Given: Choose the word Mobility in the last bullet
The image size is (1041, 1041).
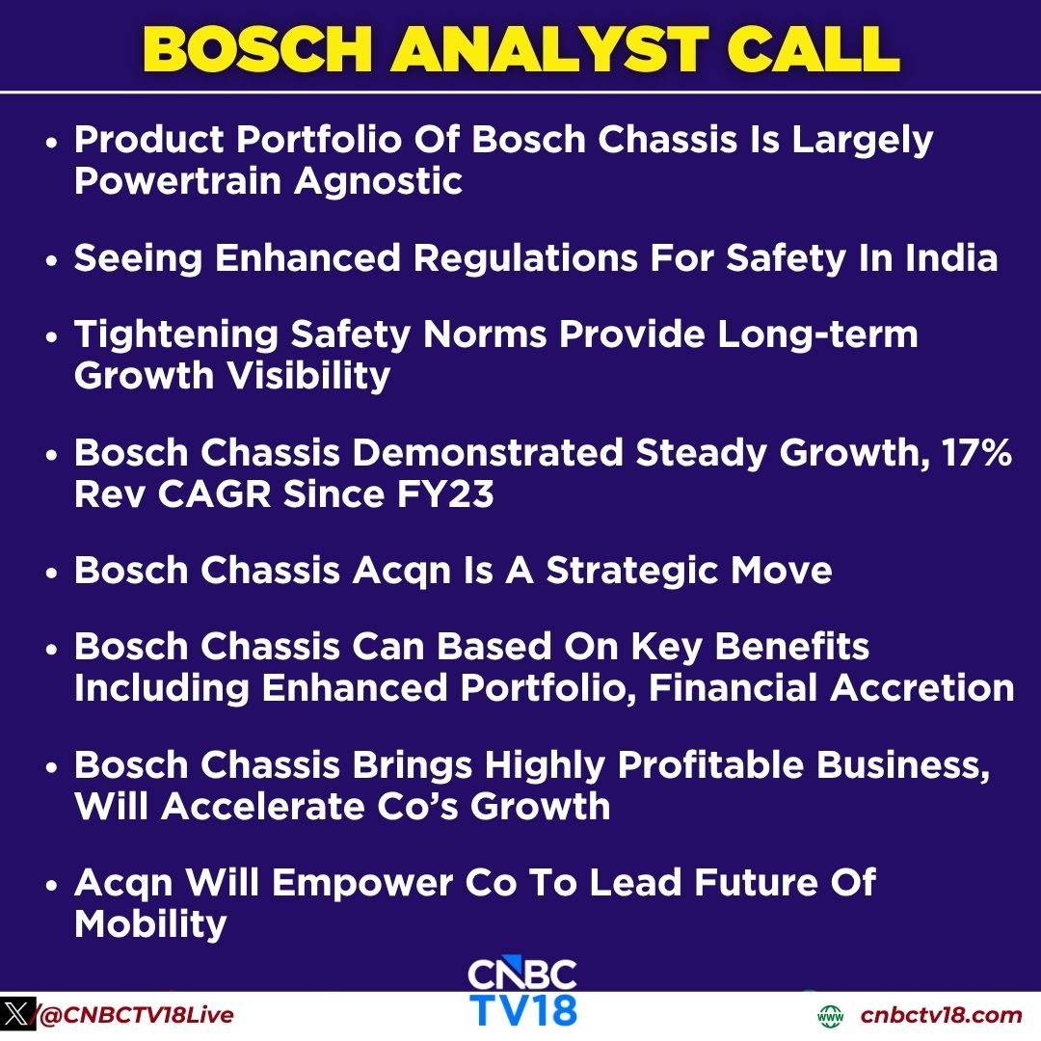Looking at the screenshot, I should click(150, 923).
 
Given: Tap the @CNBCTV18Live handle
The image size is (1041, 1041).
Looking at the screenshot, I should click(135, 1015).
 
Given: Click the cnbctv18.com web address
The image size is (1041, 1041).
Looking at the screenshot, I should click(941, 1015).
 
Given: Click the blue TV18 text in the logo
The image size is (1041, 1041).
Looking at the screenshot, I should click(523, 1009).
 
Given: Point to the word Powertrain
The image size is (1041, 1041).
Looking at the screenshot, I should click(175, 180).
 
